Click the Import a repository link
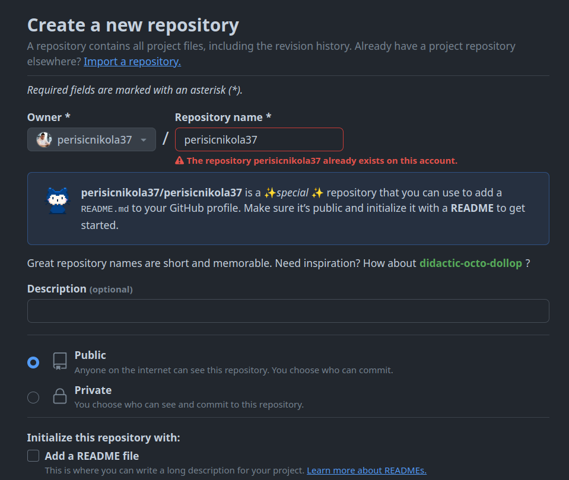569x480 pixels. coord(132,62)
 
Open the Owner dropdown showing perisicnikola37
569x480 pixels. coord(91,140)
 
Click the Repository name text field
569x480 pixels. coord(259,140)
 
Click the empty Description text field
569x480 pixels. coord(288,311)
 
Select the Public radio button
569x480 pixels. coord(33,363)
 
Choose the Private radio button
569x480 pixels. coord(33,398)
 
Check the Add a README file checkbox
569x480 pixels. coord(33,456)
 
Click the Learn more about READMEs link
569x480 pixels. coord(366,471)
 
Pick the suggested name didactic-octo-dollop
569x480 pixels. coord(471,263)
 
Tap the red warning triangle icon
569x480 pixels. coord(179,161)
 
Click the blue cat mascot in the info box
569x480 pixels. coord(58,200)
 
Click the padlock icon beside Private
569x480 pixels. coord(60,397)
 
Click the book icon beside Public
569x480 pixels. coord(60,361)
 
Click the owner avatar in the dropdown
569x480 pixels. coord(44,140)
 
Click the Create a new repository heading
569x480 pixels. coord(133,26)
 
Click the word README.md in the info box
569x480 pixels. coord(105,209)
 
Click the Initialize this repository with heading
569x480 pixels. coord(103,438)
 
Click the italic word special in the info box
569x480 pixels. coord(293,193)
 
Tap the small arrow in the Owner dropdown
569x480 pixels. coord(143,141)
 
